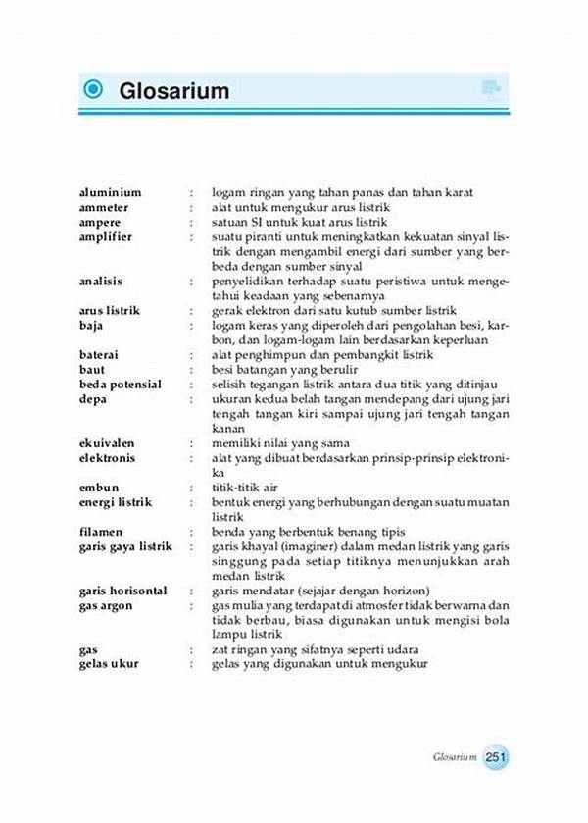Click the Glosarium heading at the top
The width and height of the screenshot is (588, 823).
(174, 91)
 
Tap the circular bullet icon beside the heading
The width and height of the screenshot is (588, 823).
(94, 90)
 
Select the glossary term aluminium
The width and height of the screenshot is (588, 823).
(110, 193)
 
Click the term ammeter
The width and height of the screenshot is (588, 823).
(104, 208)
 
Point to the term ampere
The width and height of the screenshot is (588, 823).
(101, 223)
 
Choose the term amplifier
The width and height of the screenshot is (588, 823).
(106, 237)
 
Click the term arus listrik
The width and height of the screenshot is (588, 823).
(110, 311)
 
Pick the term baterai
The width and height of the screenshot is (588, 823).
(101, 355)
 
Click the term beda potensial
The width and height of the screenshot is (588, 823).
(120, 385)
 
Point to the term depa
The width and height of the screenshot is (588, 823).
(93, 399)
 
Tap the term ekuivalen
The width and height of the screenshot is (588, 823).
(107, 443)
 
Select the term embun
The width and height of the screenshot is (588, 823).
(98, 488)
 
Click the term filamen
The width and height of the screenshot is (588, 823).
(102, 532)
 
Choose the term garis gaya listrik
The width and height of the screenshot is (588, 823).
(125, 546)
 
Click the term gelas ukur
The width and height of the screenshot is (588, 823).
(109, 664)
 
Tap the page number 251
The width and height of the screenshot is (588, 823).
(495, 756)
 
